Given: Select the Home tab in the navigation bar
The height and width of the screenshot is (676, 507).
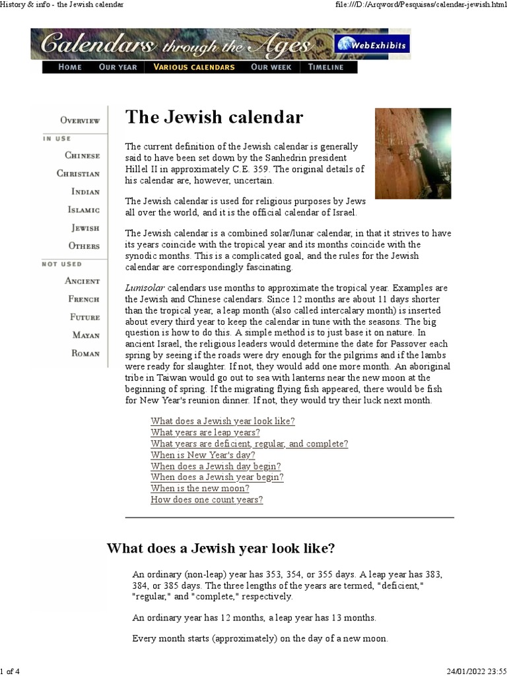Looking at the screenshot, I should [70, 67].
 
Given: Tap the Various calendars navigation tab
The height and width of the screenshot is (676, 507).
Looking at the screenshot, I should [193, 67].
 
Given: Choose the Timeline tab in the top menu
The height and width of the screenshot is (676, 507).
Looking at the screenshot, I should [325, 67].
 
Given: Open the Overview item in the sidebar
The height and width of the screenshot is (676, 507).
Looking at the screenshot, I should [80, 120].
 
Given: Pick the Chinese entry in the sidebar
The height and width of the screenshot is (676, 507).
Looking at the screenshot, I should [83, 156].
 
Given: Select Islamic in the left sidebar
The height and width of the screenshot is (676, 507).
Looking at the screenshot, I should [84, 210].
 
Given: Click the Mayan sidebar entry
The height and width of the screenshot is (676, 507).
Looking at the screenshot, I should [86, 335].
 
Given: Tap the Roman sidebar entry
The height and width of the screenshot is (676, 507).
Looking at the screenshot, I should [86, 353].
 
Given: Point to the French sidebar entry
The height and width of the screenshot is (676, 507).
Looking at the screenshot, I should [84, 299].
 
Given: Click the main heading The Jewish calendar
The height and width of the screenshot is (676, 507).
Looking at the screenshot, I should [215, 118].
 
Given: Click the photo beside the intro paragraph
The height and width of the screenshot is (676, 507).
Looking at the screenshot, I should [413, 153].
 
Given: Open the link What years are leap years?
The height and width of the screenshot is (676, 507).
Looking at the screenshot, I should [205, 432].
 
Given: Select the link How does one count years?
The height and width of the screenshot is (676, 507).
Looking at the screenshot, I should [207, 500].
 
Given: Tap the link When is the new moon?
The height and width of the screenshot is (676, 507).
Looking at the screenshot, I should [200, 489].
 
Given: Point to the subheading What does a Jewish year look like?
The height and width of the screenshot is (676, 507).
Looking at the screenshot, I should [221, 549].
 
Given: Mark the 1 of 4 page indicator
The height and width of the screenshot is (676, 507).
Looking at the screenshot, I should [10, 671].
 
